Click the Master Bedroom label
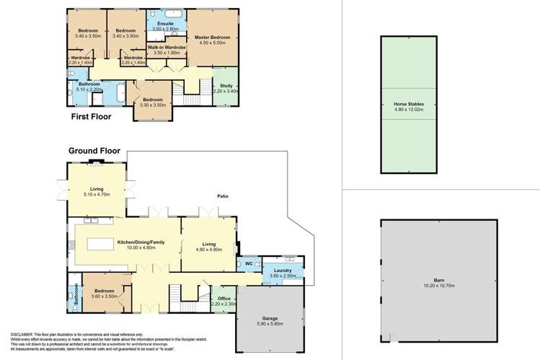click(x=212, y=36)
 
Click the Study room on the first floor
click(x=226, y=88)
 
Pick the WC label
click(x=249, y=265)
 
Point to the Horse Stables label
click(x=408, y=105)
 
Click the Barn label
click(x=438, y=280)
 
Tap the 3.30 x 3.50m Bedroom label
click(x=153, y=102)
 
